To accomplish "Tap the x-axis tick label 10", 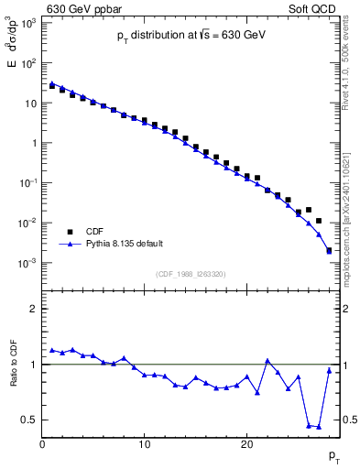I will [144, 445].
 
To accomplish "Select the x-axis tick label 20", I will [246, 445].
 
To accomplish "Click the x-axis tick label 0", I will [42, 445].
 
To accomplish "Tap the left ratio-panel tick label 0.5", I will [27, 420].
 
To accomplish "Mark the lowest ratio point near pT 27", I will [319, 427].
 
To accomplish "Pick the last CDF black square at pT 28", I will [329, 250].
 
